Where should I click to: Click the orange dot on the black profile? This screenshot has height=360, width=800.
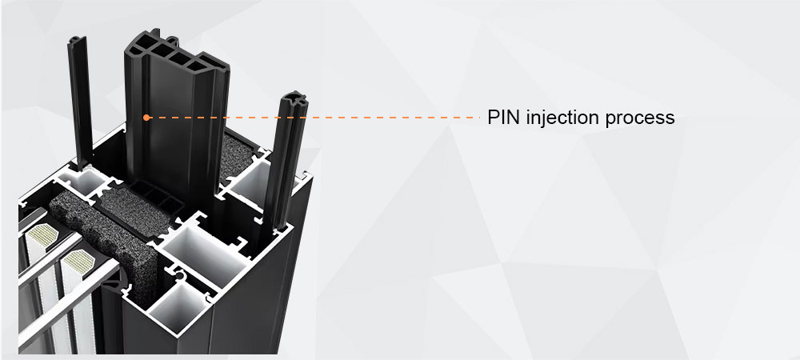tap(146, 118)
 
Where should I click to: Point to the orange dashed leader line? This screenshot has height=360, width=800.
tap(314, 118)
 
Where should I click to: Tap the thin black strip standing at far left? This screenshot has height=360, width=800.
tap(80, 99)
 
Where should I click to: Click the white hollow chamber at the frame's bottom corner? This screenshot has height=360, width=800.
tap(178, 305)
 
